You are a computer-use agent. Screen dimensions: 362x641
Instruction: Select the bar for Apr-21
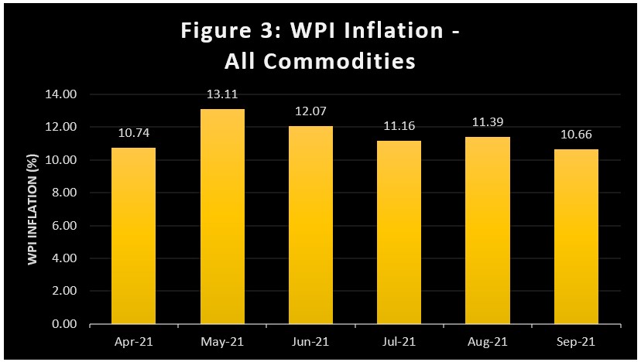pyautogui.click(x=133, y=236)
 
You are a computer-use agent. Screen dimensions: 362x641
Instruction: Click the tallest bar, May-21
pyautogui.click(x=222, y=217)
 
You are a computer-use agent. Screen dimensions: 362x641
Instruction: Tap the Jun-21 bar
pyautogui.click(x=311, y=225)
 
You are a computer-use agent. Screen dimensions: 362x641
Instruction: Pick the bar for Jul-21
pyautogui.click(x=399, y=232)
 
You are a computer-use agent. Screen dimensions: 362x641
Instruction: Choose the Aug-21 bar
pyautogui.click(x=488, y=231)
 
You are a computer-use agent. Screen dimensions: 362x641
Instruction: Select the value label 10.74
pyautogui.click(x=133, y=133)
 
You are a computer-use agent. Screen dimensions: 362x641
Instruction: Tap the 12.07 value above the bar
pyautogui.click(x=311, y=112)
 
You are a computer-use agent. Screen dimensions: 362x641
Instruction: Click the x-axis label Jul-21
pyautogui.click(x=399, y=341)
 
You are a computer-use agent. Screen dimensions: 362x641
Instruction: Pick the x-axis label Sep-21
pyautogui.click(x=577, y=341)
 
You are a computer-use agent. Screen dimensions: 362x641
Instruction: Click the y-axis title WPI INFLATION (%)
pyautogui.click(x=33, y=209)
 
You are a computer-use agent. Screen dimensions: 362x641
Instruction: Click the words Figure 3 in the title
pyautogui.click(x=225, y=32)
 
